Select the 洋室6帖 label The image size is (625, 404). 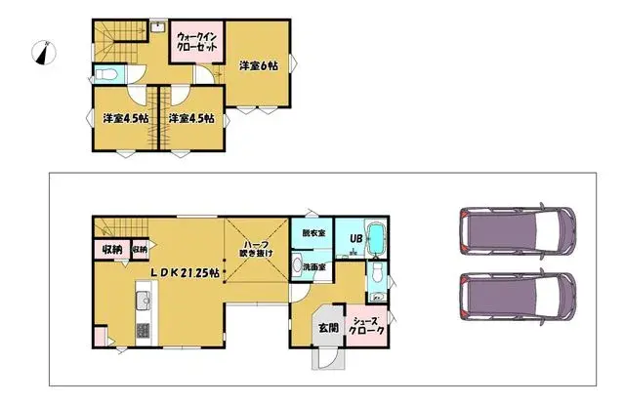(x=259, y=65)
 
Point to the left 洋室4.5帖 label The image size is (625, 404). (x=125, y=119)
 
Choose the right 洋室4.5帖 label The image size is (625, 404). (x=191, y=119)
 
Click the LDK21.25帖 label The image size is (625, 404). (x=186, y=273)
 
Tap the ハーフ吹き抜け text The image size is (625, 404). (x=257, y=248)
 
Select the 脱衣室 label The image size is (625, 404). (x=313, y=234)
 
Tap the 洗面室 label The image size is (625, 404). (x=313, y=266)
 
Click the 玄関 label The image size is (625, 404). (x=328, y=327)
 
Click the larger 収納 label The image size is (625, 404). (x=112, y=250)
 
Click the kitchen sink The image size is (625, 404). (x=143, y=297)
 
